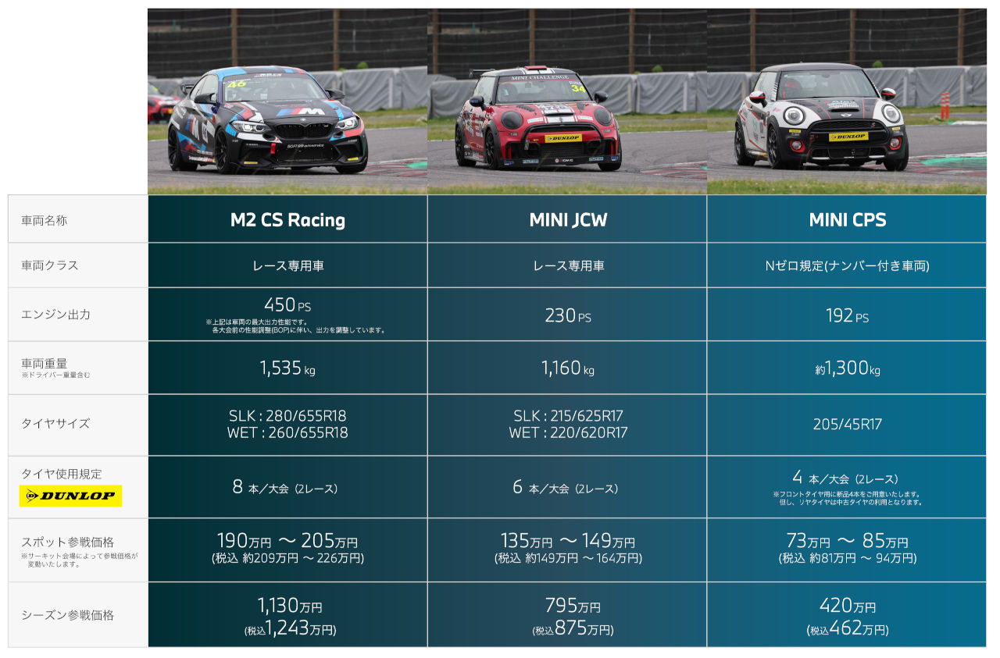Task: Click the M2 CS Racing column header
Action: [x=287, y=220]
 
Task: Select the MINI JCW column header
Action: [x=567, y=220]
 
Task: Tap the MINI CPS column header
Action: [x=847, y=220]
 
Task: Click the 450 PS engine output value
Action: [x=287, y=305]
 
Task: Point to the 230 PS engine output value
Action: [x=567, y=315]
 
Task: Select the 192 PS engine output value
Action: [x=847, y=316]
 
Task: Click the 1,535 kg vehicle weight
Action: [x=287, y=368]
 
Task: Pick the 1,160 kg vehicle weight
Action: [x=567, y=368]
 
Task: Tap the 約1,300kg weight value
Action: [x=847, y=368]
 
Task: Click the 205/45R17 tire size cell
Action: [x=847, y=425]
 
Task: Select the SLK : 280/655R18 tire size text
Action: [x=287, y=416]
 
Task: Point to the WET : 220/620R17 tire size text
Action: [x=567, y=432]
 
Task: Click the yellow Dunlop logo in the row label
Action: [x=70, y=496]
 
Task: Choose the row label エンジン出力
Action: [x=56, y=315]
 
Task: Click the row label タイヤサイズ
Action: [x=55, y=424]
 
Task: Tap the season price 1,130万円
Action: [x=289, y=606]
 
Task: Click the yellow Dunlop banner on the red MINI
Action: [x=562, y=138]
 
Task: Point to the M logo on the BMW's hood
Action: [x=289, y=112]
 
